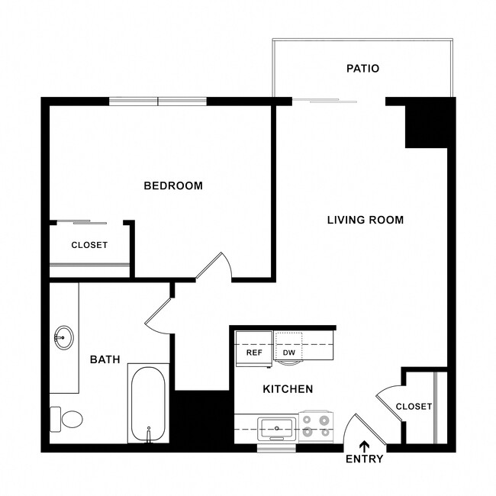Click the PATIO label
coord(362,69)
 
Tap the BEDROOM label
coord(173,185)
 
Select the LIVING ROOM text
coord(365,221)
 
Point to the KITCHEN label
coord(288,389)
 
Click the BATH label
coord(105,359)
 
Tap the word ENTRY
coord(364,459)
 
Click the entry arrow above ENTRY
coord(364,446)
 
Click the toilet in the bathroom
coord(67,419)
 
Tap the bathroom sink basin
coord(63,336)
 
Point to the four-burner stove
coord(316,426)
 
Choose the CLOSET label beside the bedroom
coord(89,246)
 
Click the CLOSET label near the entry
coord(414,407)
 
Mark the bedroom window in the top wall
coord(158,101)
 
